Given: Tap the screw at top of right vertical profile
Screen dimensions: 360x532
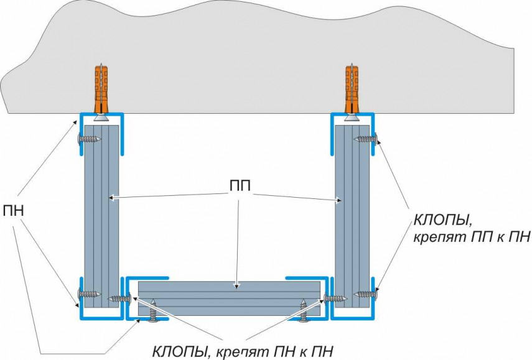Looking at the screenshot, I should point(365,139).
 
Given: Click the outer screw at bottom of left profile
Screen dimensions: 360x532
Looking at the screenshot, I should point(89,293).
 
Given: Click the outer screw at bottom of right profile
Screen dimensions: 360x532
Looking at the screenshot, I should point(365,293).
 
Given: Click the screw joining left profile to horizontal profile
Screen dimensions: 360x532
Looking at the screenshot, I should point(119,299).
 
